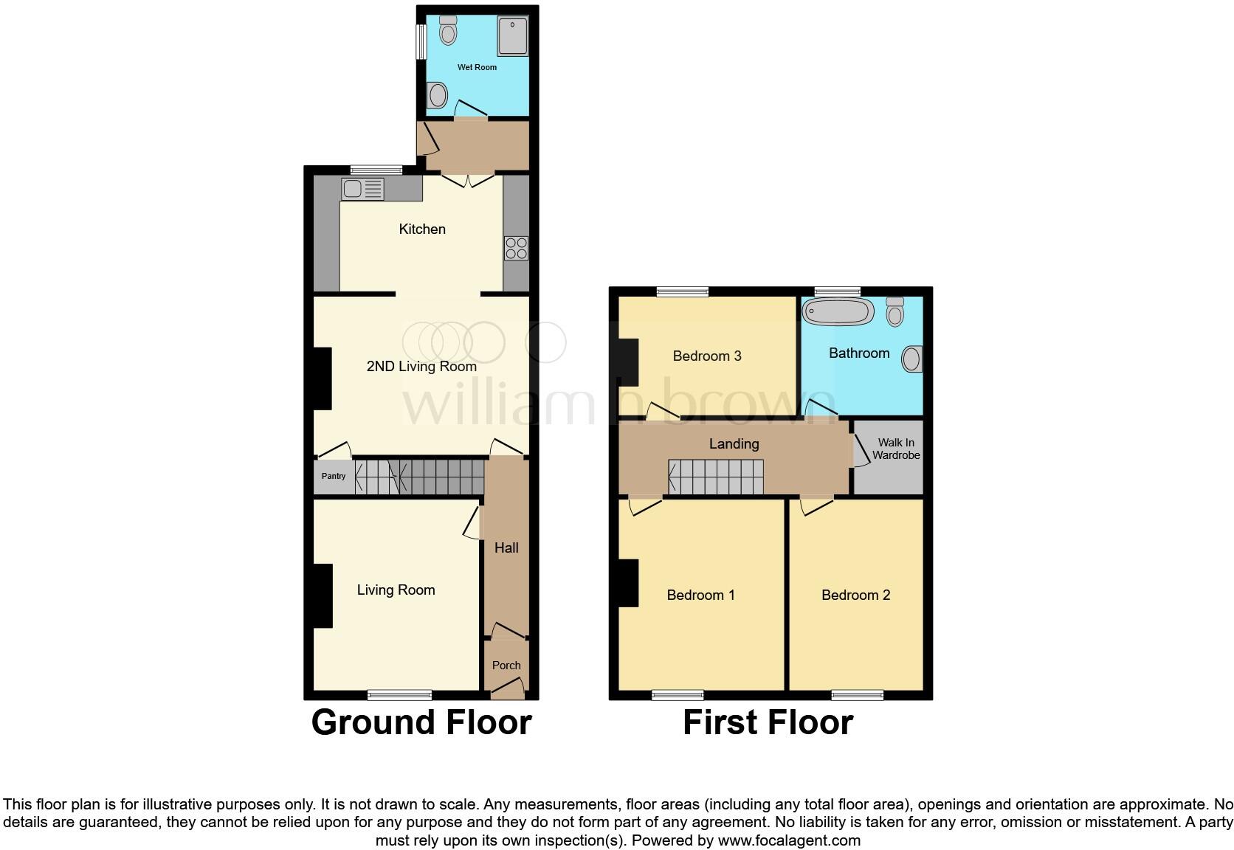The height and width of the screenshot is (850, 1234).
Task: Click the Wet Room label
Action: coord(477,67)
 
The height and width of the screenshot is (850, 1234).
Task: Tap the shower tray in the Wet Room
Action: coord(512,35)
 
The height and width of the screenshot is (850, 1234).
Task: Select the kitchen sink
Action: coord(362,189)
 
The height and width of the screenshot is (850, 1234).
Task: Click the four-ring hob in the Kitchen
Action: coord(516,248)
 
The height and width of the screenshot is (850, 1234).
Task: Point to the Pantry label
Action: coord(334,476)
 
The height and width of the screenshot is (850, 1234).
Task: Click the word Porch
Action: coord(506,665)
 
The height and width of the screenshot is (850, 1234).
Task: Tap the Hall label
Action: coord(506,547)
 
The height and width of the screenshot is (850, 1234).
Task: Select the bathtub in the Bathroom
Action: coord(838,311)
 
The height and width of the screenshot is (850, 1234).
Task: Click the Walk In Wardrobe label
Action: coord(896,449)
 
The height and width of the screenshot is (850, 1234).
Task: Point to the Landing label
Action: coord(734,443)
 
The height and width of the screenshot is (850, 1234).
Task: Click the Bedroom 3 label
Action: coord(706,356)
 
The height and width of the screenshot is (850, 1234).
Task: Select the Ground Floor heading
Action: coord(421,722)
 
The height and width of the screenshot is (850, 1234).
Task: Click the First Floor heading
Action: coord(768,722)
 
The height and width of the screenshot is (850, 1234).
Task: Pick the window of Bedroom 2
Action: coord(857,694)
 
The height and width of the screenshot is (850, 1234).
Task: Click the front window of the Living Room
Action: coord(399,694)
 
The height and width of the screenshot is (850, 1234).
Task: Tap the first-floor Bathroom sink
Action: coord(913,359)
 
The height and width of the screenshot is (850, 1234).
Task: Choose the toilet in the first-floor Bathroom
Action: coord(895,312)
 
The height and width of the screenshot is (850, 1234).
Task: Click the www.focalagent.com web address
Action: coord(788,840)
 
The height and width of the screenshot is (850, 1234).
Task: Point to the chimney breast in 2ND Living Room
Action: coord(322,378)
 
